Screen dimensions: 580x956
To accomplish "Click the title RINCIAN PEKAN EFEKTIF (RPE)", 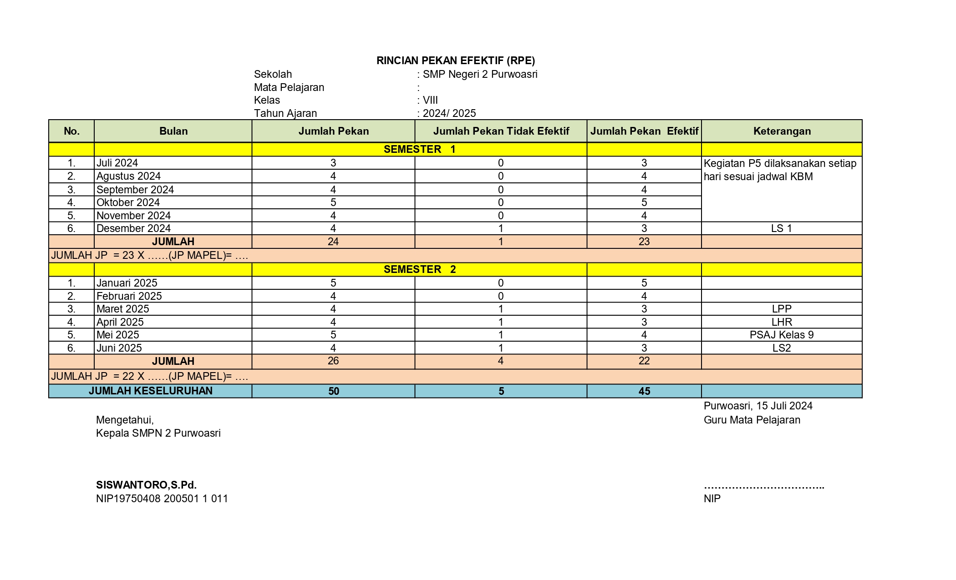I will [x=456, y=61].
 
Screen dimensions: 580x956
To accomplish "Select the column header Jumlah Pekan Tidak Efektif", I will [x=501, y=131].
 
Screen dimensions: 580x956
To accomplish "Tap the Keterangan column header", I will [x=782, y=131].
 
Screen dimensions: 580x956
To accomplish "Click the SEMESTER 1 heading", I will [x=419, y=149].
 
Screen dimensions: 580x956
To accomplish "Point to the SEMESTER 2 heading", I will [x=419, y=269].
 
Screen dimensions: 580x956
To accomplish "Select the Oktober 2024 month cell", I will [x=128, y=202].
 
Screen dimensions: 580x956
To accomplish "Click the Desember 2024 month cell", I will [x=133, y=228].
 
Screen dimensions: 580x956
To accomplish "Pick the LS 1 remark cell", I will [x=781, y=228].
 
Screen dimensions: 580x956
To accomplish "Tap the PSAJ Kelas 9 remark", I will [x=781, y=335].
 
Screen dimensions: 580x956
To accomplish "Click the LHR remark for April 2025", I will [x=782, y=322].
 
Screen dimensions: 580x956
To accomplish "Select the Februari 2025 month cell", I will [x=129, y=296].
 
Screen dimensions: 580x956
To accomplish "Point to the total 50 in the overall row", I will [x=333, y=391].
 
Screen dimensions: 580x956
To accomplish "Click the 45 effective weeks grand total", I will [x=644, y=391].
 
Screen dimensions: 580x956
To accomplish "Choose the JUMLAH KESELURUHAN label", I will [x=150, y=391].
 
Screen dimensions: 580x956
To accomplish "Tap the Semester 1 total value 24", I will [x=333, y=242].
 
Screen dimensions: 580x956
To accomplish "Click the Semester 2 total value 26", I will [x=333, y=361].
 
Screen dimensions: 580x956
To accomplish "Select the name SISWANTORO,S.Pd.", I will [x=146, y=485].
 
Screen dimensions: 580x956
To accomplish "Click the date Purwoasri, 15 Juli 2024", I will [x=758, y=406].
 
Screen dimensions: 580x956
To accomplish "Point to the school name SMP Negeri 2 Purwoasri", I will [x=480, y=74].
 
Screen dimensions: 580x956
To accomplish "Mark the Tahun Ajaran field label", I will [x=285, y=113].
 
